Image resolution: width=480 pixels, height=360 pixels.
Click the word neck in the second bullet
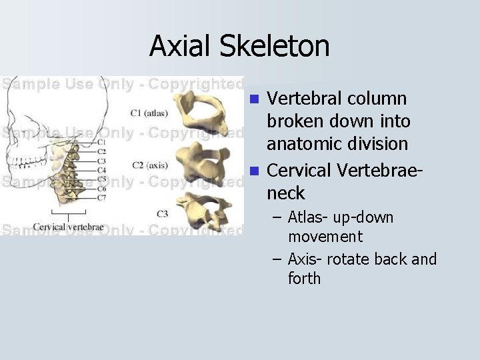pyautogui.click(x=285, y=193)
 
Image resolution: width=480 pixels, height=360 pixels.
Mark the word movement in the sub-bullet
pyautogui.click(x=325, y=237)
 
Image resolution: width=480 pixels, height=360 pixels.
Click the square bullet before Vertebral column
pyautogui.click(x=253, y=100)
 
